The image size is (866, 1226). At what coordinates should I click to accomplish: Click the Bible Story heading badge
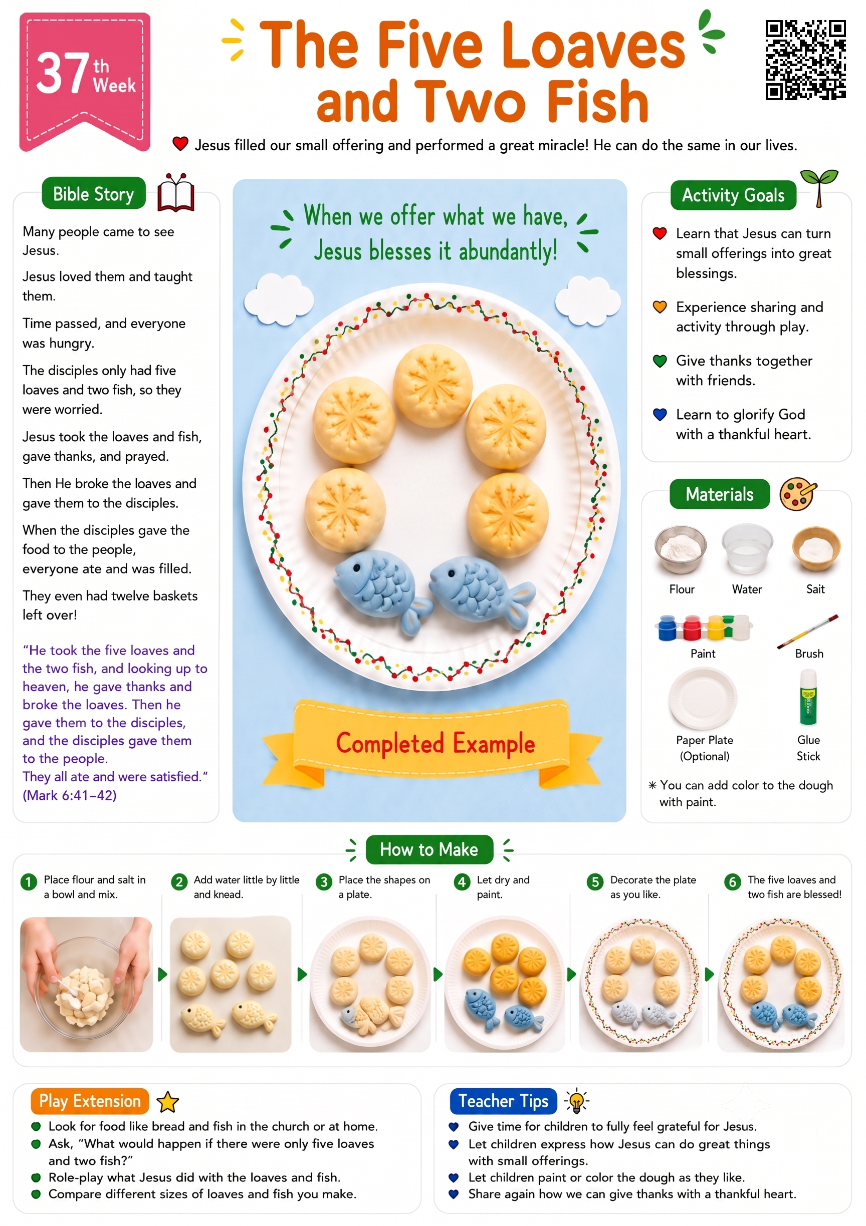(x=94, y=194)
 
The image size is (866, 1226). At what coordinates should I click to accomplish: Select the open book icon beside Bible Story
(x=176, y=193)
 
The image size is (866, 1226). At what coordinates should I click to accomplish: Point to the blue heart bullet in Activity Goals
(x=660, y=414)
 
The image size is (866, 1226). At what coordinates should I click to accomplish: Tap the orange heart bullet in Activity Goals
(x=660, y=307)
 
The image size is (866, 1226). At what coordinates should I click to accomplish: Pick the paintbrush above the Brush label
(x=807, y=631)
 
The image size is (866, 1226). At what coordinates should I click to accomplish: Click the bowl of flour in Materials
(x=681, y=549)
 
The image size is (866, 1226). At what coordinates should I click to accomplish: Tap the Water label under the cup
(x=746, y=589)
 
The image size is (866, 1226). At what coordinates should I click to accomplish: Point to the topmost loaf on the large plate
(x=432, y=383)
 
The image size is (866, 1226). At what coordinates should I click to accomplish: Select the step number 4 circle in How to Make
(x=462, y=881)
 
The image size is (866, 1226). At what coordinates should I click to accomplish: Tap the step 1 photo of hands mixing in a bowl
(x=86, y=984)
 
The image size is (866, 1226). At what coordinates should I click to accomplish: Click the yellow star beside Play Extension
(x=168, y=1102)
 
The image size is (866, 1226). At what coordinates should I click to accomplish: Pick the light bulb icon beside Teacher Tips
(x=576, y=1101)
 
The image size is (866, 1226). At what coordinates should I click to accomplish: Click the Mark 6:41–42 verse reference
(x=70, y=795)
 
